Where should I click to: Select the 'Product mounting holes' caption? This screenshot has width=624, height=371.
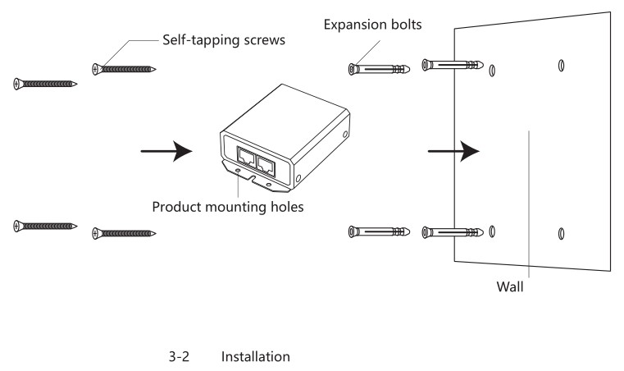(228, 206)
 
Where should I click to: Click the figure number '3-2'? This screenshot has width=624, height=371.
(179, 358)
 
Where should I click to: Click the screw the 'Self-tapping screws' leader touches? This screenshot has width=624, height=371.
(125, 69)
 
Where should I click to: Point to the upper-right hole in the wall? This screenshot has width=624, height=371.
(560, 65)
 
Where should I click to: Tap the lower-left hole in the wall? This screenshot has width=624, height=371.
(491, 232)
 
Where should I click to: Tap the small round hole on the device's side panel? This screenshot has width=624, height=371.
(300, 178)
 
